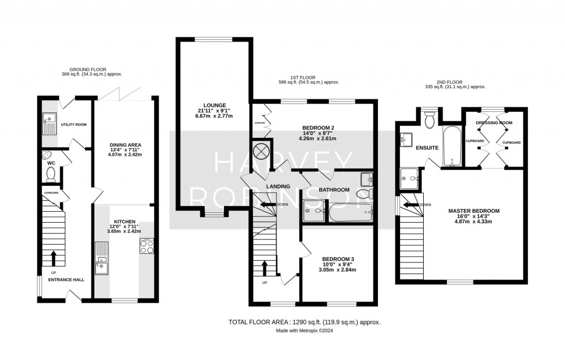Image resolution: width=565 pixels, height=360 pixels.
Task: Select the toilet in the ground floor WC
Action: (x=51, y=174)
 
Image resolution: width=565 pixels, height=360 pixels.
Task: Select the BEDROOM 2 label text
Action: (x=319, y=127)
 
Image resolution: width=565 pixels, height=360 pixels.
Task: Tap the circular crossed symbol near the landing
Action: (x=260, y=150)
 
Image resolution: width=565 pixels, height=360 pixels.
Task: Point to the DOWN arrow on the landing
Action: (x=268, y=204)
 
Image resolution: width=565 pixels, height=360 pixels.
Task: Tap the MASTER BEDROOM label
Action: (x=473, y=211)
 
